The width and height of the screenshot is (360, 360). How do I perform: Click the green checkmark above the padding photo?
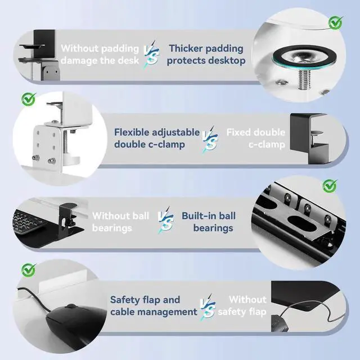(336, 22)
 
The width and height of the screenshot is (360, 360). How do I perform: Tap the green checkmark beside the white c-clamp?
(29, 99)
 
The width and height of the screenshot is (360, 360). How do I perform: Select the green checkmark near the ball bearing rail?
(330, 186)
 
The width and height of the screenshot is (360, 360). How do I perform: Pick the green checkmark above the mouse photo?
(29, 270)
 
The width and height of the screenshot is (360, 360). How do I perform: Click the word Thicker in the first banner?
(185, 48)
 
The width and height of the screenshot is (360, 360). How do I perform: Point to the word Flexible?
(131, 132)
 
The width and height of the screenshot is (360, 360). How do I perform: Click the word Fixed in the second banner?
(238, 132)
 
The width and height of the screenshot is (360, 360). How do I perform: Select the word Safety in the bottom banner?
(125, 300)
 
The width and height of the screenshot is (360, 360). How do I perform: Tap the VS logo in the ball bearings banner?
(166, 220)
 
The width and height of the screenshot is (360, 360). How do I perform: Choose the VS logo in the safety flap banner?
(208, 307)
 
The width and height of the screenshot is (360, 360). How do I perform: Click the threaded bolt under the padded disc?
(304, 79)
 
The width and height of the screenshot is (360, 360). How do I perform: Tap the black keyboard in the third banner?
(28, 221)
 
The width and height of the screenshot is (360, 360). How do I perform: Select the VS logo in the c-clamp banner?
(210, 139)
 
